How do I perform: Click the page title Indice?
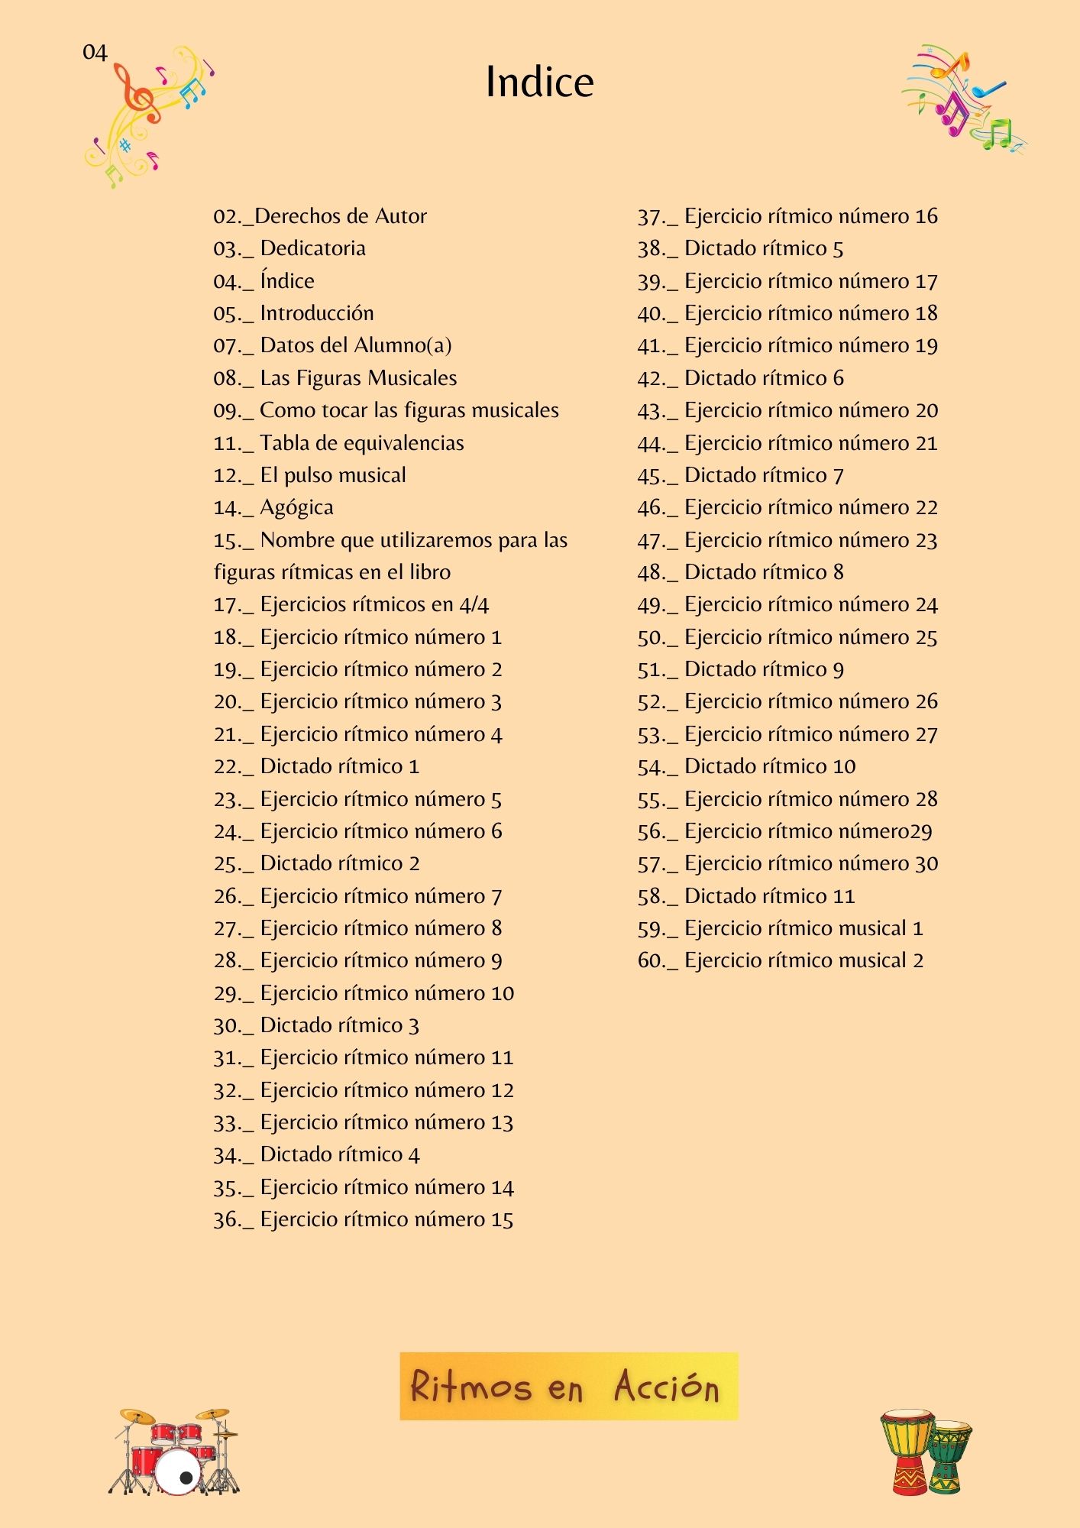pos(539,83)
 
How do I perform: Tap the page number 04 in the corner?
pos(95,53)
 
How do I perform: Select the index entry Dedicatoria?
pos(289,248)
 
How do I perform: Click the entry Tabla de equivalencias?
pos(338,443)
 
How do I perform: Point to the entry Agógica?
pos(273,508)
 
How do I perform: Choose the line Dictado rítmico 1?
pos(316,766)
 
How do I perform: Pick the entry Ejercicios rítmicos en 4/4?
pos(351,605)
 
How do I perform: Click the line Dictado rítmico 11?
pos(746,896)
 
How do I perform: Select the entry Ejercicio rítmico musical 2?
pos(780,960)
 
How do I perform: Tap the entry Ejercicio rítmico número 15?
pos(364,1219)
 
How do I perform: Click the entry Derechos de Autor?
pos(320,216)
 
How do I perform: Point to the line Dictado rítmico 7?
pos(740,475)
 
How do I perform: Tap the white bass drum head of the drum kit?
pos(179,1471)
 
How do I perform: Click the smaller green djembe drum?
pos(949,1455)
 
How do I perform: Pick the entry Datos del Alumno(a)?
pos(332,345)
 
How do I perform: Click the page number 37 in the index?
pos(649,217)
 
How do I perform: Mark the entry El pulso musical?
pos(309,475)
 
